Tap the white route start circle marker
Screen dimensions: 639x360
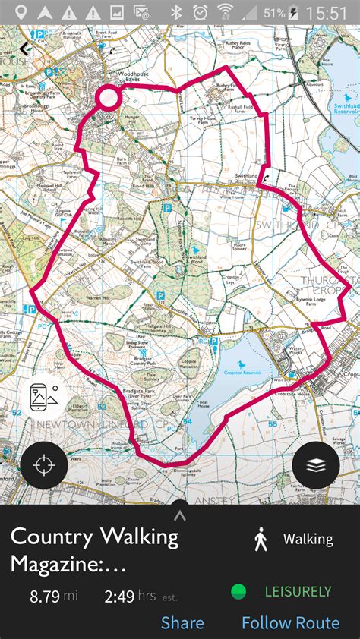click(109, 97)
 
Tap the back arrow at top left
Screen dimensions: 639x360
click(25, 48)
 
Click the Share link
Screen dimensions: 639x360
click(182, 623)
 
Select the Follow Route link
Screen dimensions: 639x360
click(290, 623)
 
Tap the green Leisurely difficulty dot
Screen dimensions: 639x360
click(238, 591)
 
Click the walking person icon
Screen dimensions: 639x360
click(261, 540)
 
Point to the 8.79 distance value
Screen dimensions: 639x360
click(44, 597)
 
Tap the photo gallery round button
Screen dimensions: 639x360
click(43, 397)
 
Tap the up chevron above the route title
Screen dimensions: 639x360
click(180, 516)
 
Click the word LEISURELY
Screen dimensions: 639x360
click(298, 591)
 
